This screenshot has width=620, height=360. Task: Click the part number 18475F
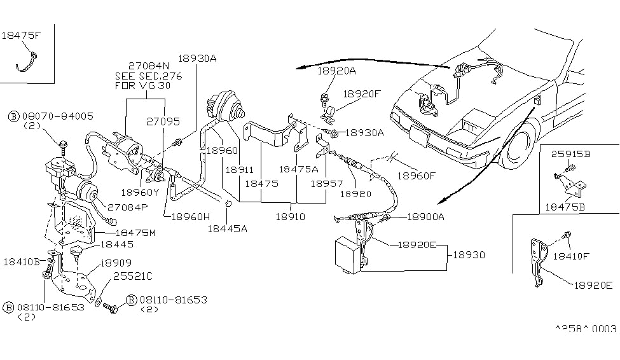coord(22,35)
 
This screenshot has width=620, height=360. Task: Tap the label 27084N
coord(148,66)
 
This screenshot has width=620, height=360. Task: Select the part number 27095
coord(163,120)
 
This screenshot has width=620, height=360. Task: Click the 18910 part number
coord(290,217)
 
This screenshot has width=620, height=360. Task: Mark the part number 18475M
coord(134,233)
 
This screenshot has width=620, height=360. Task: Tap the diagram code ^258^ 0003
coord(586,328)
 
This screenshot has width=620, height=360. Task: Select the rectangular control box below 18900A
coord(348,254)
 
